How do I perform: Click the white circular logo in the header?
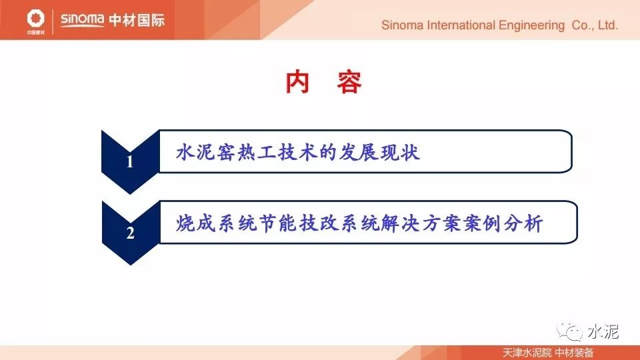click(x=35, y=19)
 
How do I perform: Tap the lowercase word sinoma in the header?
click(x=82, y=19)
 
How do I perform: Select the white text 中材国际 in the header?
click(x=137, y=20)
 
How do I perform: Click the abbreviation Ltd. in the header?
click(x=608, y=25)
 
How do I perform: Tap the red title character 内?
click(x=297, y=82)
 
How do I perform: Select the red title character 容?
click(x=349, y=82)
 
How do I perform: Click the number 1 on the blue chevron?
click(x=130, y=161)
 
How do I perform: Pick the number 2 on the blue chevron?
click(x=130, y=233)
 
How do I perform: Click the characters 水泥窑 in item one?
click(x=206, y=152)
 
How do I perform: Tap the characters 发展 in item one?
click(x=359, y=152)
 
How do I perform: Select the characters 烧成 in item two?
click(x=195, y=223)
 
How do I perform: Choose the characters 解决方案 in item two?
click(x=421, y=223)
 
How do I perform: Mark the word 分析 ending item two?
click(x=523, y=223)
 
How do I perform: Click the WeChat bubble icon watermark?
click(x=569, y=331)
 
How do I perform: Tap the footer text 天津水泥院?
click(x=527, y=353)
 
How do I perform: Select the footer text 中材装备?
click(x=575, y=353)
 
